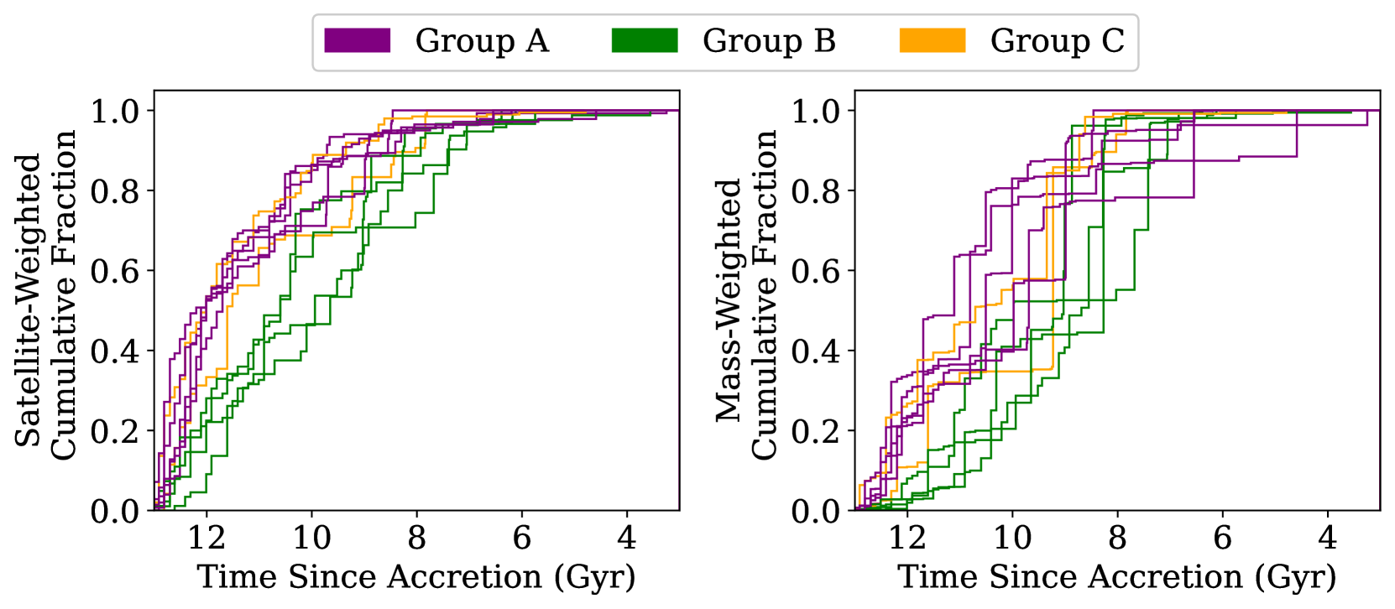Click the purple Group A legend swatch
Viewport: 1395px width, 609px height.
coord(358,40)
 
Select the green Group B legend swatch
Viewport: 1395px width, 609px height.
coord(645,40)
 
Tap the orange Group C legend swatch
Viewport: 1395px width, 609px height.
coord(932,40)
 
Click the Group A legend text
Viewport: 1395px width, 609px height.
coord(482,40)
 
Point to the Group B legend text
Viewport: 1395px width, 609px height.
coord(769,40)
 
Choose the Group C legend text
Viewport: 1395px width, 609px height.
coord(1057,40)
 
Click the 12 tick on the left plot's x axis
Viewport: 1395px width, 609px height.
coord(206,538)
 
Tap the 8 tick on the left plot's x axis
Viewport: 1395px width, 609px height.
coord(417,538)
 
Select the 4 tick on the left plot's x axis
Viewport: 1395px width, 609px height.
coord(627,538)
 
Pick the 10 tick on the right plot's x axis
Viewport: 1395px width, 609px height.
coord(1012,538)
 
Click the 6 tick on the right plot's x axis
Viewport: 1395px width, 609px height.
coord(1223,538)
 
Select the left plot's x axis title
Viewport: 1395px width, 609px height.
coord(416,577)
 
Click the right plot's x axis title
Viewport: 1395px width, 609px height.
coord(1117,577)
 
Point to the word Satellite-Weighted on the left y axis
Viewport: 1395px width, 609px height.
coord(28,299)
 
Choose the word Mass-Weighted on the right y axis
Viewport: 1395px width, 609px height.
coord(729,299)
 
